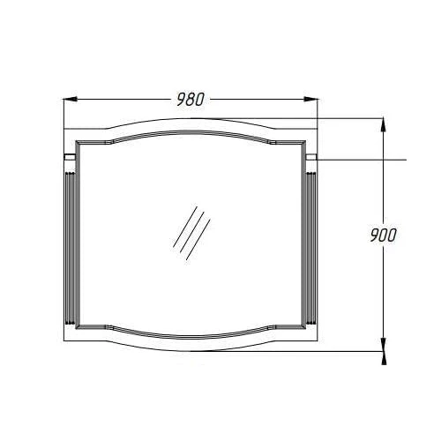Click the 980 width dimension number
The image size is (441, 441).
(191, 100)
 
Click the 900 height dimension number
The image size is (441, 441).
(383, 235)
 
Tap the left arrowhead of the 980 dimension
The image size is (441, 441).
(71, 99)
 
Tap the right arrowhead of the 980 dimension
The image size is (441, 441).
(311, 99)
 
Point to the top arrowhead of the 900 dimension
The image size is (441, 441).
(384, 124)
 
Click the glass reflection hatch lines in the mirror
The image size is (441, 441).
(191, 233)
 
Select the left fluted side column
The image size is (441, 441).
(70, 249)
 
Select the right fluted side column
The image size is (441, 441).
(311, 249)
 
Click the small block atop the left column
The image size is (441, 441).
(70, 157)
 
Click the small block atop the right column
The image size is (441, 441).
(311, 157)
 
